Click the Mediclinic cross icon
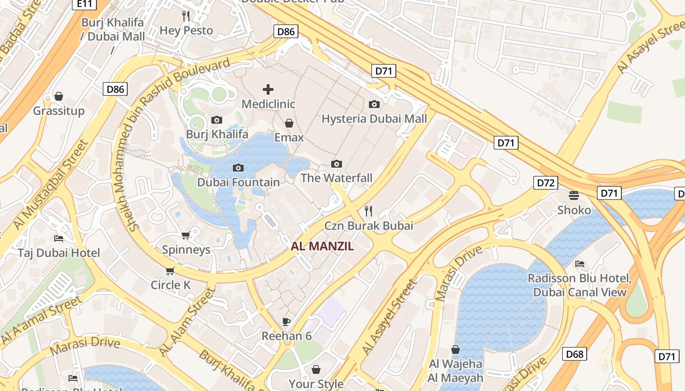click(x=268, y=89)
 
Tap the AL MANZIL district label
click(x=322, y=246)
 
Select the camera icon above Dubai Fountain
click(x=238, y=168)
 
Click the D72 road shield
click(x=546, y=183)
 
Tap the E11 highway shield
click(x=84, y=4)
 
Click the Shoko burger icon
click(x=574, y=195)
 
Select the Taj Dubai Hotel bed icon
click(x=59, y=239)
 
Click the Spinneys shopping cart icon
click(x=186, y=236)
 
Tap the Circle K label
click(x=170, y=285)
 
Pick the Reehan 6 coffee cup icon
click(x=287, y=322)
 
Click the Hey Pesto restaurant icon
click(x=186, y=16)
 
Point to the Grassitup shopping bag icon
click(x=59, y=96)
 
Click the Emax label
click(x=289, y=137)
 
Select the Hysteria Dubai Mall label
click(x=374, y=119)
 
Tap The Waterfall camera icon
click(x=337, y=164)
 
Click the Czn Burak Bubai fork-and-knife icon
click(x=368, y=211)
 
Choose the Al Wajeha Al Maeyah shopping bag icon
click(x=456, y=349)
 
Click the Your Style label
click(x=316, y=384)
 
